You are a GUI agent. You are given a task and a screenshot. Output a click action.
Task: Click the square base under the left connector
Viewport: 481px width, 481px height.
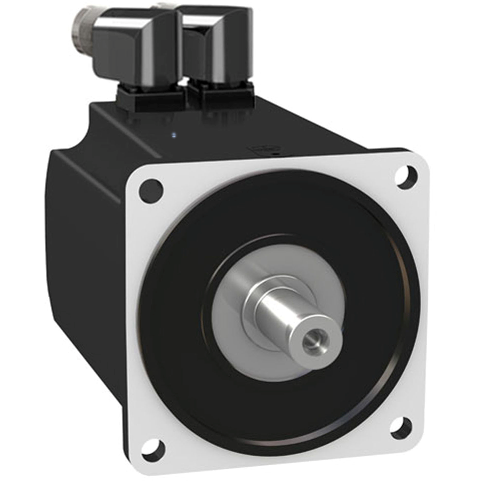[151, 99]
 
